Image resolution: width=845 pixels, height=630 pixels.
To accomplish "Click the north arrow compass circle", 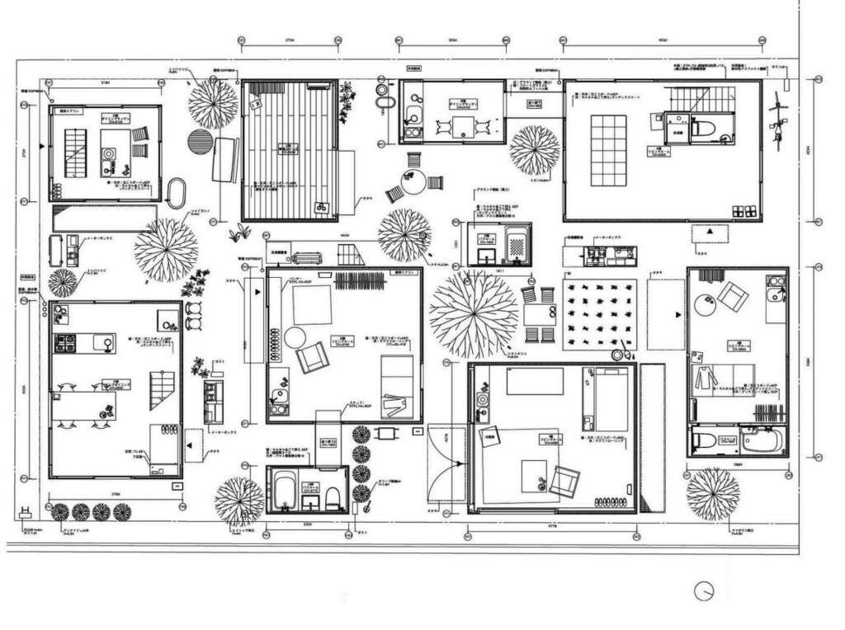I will (x=704, y=591).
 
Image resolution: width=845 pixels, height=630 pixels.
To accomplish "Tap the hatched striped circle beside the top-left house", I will (x=200, y=141).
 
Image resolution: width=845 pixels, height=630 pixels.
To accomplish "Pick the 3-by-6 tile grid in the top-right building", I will (x=609, y=151).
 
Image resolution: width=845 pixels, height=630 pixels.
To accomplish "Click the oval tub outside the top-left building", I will (x=176, y=193).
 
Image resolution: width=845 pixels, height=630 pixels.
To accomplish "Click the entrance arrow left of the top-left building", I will (x=44, y=145).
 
